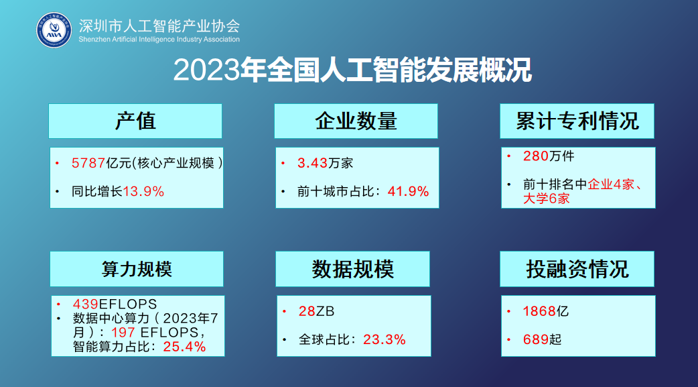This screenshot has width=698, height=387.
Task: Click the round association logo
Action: (54, 30)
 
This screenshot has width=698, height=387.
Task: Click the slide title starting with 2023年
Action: (352, 70)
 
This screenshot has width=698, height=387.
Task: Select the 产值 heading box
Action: (135, 121)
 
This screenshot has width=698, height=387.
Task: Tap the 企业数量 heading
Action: (356, 121)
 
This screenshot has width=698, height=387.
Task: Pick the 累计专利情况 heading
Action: (577, 121)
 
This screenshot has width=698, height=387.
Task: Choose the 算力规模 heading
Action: (137, 269)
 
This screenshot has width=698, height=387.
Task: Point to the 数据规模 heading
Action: (352, 269)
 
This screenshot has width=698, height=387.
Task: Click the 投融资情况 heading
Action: (577, 269)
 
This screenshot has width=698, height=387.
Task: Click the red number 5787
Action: (88, 163)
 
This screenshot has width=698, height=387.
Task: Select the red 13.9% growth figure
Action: (143, 192)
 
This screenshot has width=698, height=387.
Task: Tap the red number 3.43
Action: (313, 163)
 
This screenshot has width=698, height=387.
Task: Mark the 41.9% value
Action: (408, 192)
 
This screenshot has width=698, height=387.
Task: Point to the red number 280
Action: (536, 156)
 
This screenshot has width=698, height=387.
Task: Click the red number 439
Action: (86, 304)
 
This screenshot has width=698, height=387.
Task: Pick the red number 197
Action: (123, 332)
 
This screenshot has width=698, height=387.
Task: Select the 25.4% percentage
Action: (184, 347)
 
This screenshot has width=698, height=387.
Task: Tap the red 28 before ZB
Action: (307, 311)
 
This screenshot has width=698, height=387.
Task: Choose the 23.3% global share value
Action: (384, 340)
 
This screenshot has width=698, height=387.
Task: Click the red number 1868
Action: (539, 311)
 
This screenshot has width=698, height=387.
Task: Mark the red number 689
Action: (536, 340)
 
